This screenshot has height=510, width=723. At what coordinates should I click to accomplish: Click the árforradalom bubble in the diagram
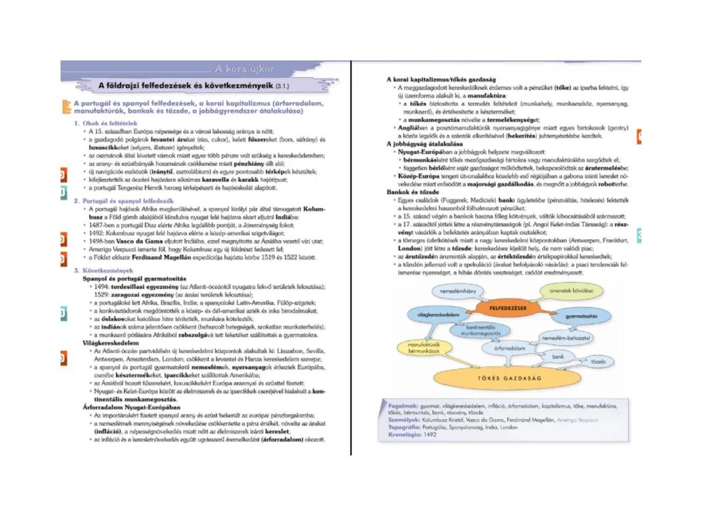[x=509, y=348]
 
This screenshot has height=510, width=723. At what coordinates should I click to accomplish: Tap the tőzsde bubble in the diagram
[x=598, y=362]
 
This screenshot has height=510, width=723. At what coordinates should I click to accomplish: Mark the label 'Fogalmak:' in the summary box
[x=402, y=405]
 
